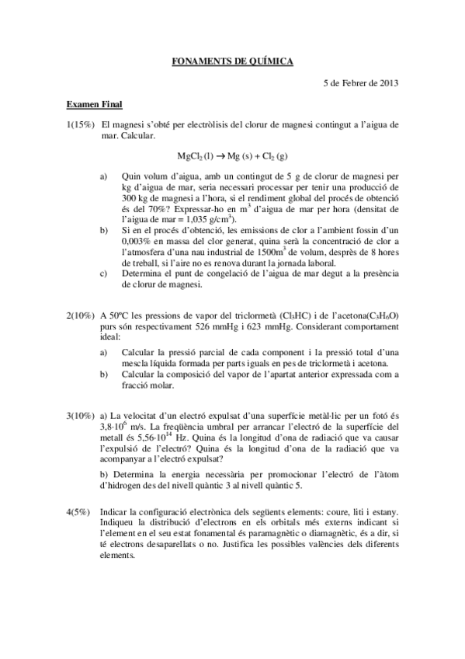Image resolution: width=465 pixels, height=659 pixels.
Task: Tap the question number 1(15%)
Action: tap(80, 124)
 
